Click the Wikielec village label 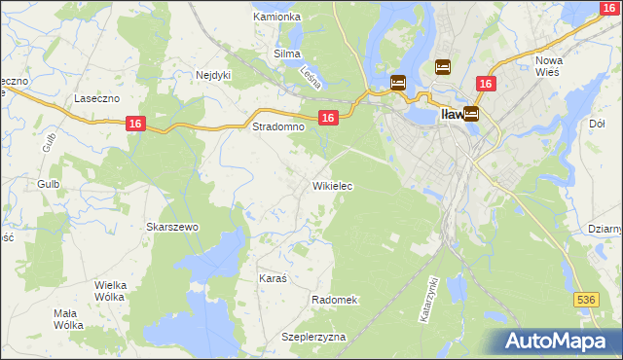point(332,185)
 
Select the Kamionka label point(276,17)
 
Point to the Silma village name point(287,54)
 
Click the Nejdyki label point(212,74)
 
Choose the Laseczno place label point(96,99)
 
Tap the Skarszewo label point(172,227)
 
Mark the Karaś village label point(274,278)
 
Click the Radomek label point(336,300)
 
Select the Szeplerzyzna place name point(313,337)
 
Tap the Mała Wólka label point(68,319)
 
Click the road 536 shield point(585,301)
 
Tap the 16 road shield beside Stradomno point(328,117)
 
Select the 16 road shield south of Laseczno point(135,123)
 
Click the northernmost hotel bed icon point(443,66)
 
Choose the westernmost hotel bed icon point(398,83)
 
